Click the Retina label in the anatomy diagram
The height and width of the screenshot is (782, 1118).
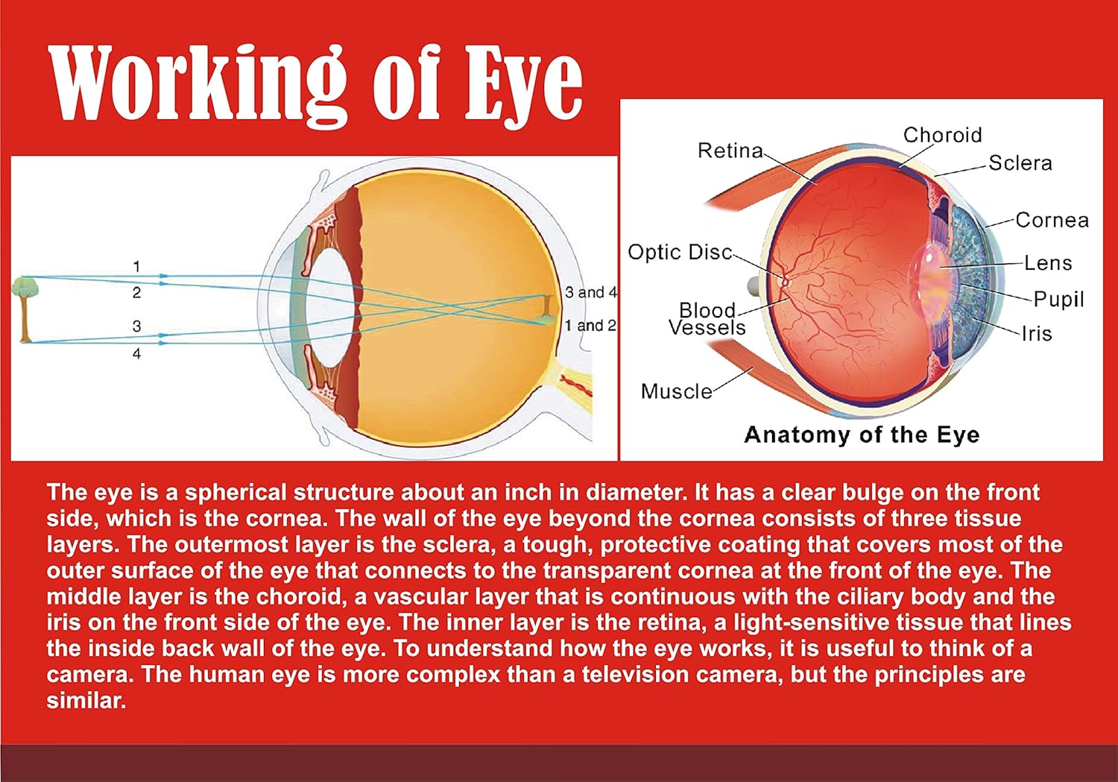730,151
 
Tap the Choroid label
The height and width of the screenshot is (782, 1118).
942,135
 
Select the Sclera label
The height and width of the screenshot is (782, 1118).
1020,163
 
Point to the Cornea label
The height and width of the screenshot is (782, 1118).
1052,220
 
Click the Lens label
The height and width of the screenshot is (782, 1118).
1048,263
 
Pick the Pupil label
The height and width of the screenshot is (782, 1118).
1058,300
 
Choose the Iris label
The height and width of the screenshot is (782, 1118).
1038,333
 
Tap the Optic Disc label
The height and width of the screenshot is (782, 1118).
680,252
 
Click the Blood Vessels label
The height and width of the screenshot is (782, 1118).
707,319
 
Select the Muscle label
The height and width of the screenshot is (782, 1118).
676,391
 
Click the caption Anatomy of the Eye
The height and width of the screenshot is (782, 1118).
862,435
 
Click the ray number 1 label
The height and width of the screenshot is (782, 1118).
136,267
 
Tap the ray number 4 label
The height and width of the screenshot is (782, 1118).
136,354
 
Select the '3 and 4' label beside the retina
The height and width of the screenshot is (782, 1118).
591,292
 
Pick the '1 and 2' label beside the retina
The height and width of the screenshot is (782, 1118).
590,326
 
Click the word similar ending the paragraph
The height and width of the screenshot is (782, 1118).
86,701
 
